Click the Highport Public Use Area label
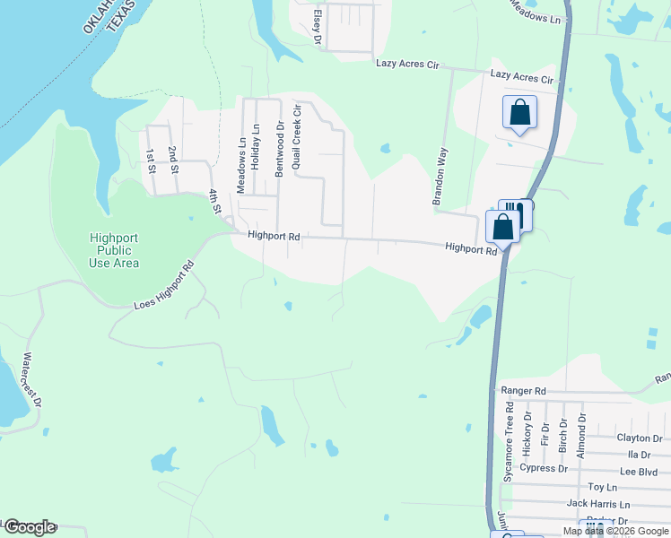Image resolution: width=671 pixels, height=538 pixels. (x=114, y=250)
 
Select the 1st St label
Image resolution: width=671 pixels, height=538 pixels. (x=151, y=161)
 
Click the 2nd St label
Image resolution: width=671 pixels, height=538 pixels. (x=173, y=161)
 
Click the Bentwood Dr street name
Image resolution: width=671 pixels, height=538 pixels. (x=279, y=149)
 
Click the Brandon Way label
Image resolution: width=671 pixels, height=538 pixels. (x=440, y=177)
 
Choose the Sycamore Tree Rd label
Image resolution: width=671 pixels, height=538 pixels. (x=508, y=441)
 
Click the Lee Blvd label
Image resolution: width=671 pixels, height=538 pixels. (x=640, y=471)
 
